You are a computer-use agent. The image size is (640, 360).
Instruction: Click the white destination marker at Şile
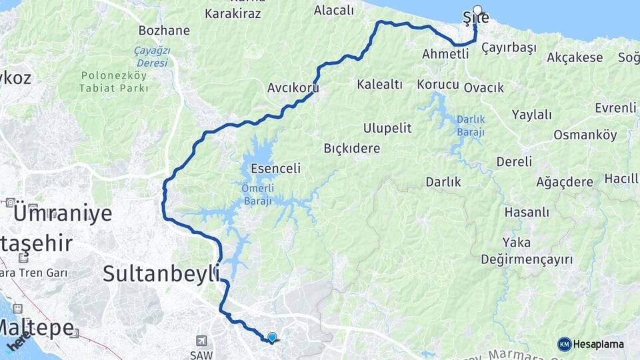click(x=477, y=11)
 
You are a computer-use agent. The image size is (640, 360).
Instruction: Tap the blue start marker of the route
click(x=272, y=338)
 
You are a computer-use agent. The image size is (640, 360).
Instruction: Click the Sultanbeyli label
click(x=162, y=273)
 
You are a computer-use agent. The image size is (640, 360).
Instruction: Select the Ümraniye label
click(x=63, y=214)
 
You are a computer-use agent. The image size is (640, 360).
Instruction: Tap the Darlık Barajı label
click(x=471, y=126)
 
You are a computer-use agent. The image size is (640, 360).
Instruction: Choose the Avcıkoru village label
click(x=293, y=88)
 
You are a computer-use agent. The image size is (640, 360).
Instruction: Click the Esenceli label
click(x=275, y=169)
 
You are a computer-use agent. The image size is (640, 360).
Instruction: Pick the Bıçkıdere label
click(x=352, y=148)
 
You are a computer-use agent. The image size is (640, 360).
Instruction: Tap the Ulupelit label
click(x=387, y=127)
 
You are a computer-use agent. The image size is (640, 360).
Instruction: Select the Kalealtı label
click(x=379, y=84)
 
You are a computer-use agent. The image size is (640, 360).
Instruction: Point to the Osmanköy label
click(x=585, y=135)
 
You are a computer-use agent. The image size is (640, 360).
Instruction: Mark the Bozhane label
click(x=164, y=31)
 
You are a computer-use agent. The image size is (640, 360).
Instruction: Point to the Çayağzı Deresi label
click(x=152, y=56)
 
